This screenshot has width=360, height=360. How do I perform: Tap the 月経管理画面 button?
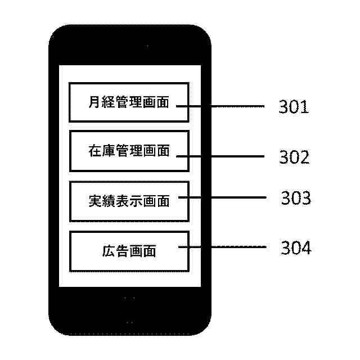[129, 102]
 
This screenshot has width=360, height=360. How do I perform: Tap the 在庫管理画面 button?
[129, 151]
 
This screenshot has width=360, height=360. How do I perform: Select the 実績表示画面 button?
[129, 201]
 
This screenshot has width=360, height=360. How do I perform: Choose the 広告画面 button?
[129, 251]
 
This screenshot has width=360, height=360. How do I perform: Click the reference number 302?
[294, 157]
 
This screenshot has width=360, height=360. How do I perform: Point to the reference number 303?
[295, 199]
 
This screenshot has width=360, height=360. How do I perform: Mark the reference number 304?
[295, 248]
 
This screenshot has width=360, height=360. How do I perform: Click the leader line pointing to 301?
[225, 106]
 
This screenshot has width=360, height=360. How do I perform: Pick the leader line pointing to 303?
[225, 197]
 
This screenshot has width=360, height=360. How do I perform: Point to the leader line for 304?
[225, 247]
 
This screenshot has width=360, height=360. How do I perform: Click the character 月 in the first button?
[94, 103]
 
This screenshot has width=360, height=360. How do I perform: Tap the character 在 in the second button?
[94, 151]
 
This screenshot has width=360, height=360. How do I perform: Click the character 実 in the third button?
[94, 201]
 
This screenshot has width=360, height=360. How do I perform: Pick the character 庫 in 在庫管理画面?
[108, 151]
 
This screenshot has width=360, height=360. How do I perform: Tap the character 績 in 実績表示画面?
[108, 201]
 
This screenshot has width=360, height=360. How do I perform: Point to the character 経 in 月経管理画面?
[108, 103]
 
